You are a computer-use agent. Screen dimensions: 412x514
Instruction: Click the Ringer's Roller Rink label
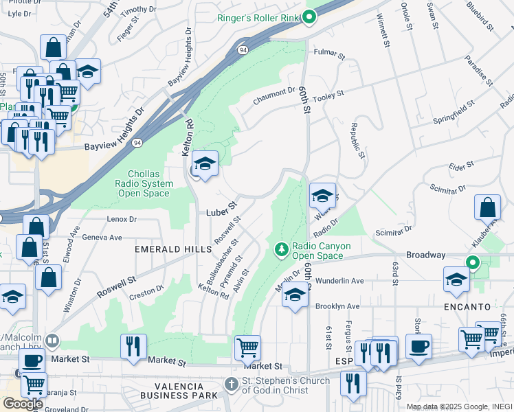259,17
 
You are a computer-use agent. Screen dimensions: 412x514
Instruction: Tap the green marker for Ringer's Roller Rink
309,17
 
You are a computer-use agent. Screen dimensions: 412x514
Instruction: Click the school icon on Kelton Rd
204,164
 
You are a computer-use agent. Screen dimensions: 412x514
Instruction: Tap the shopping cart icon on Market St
247,347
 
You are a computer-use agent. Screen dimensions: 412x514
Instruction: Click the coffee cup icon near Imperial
418,345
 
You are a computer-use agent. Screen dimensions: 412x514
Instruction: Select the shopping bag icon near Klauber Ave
487,207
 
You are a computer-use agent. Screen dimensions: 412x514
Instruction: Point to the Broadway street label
425,255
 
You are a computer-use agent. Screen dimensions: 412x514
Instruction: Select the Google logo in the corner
22,403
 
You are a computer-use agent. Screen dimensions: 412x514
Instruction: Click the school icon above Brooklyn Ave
294,295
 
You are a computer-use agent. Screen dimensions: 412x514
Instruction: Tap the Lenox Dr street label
122,219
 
